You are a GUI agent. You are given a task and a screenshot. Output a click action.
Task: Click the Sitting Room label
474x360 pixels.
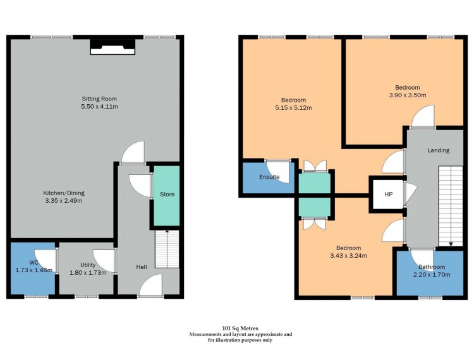coord(99,99)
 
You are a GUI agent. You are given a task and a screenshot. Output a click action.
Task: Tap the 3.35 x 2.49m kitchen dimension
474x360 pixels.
coord(64,201)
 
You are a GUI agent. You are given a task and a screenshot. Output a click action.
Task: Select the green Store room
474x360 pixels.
coord(167,195)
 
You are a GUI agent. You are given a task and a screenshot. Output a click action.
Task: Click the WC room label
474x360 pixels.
coord(34,262)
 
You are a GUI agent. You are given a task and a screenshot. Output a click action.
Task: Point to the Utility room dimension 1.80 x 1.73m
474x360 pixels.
coord(88,273)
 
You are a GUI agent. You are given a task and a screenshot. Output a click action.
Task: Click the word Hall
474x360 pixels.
coord(142,267)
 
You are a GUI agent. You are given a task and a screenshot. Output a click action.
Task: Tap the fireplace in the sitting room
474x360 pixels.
coord(112,47)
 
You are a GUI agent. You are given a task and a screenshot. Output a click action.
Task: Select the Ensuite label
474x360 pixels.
coord(269,177)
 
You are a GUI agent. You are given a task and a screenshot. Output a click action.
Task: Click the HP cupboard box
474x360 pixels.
coord(389,194)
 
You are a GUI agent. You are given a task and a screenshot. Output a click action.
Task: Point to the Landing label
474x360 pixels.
coord(439,150)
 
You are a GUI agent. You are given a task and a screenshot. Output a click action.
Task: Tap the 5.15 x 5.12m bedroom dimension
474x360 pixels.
coord(293,107)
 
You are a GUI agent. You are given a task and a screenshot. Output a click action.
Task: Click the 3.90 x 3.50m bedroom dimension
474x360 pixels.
coord(408,95)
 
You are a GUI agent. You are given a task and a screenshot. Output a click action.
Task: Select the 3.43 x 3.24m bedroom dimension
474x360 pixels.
coord(348,256)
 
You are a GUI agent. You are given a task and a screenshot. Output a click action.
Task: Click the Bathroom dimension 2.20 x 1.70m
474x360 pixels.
coord(432,275)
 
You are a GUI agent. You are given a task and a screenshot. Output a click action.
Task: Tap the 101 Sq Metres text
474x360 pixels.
coord(240,328)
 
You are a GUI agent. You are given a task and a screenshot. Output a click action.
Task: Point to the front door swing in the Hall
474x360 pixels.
coord(151,285)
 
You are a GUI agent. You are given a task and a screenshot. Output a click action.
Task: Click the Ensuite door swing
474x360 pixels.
coord(278,171)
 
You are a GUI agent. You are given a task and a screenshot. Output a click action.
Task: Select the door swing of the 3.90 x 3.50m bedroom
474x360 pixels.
coord(423,116)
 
